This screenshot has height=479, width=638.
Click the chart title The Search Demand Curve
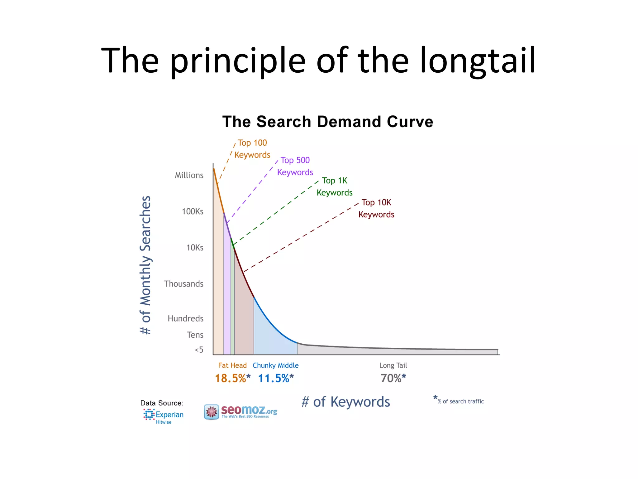(x=327, y=122)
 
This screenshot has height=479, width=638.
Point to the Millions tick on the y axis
(x=189, y=175)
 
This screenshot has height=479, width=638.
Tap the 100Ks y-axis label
(x=193, y=211)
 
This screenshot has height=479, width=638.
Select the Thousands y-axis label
(x=183, y=284)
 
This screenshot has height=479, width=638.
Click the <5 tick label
(x=199, y=350)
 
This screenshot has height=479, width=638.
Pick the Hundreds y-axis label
(x=185, y=318)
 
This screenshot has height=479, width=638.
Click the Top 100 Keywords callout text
(x=252, y=149)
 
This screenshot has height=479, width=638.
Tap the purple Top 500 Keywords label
(x=295, y=166)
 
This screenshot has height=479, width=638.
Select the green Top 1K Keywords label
(x=335, y=186)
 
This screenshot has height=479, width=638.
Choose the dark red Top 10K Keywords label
(x=376, y=208)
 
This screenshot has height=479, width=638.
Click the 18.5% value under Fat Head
(x=232, y=378)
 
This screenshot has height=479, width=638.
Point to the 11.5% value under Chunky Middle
(x=276, y=378)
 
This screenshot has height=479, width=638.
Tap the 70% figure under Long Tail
(x=393, y=378)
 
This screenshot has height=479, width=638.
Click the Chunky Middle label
(x=275, y=365)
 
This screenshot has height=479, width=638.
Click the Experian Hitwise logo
(x=163, y=416)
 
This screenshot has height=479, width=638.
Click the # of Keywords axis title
(x=345, y=402)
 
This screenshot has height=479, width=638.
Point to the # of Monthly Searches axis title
(x=145, y=265)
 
